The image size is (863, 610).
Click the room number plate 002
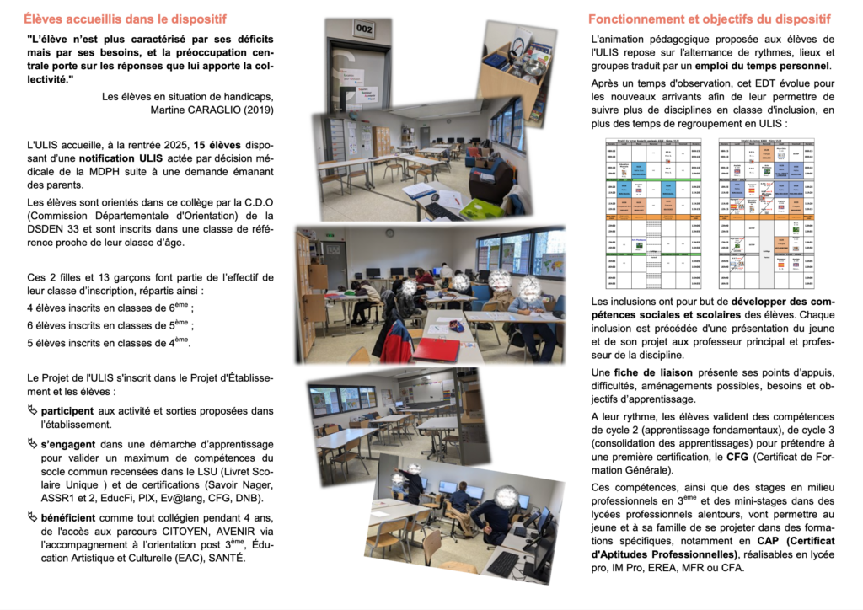[365, 29]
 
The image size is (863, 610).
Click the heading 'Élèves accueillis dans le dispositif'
[124, 19]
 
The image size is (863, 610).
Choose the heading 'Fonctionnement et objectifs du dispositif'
[709, 19]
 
